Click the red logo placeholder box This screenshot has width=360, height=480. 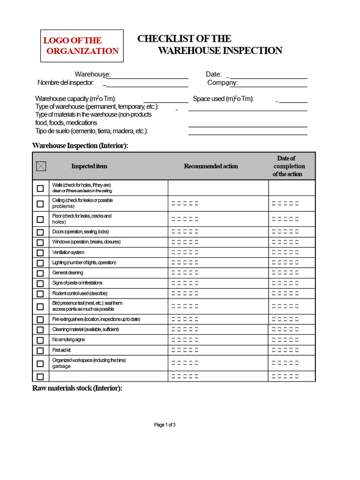tap(82, 46)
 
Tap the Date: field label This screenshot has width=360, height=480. tap(213, 74)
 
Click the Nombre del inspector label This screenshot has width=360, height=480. tap(66, 82)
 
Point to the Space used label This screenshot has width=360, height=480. tap(223, 99)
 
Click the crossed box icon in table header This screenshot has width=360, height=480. tap(41, 166)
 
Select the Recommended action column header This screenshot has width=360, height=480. tap(211, 166)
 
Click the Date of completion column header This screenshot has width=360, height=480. tap(289, 166)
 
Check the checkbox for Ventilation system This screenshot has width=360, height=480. tap(40, 253)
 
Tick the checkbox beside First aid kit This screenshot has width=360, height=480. tap(40, 351)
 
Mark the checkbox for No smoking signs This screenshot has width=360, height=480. tap(40, 340)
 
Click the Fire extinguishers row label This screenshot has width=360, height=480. tap(96, 319)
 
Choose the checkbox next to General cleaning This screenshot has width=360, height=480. tap(40, 273)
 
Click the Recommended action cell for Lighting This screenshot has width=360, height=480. tap(218, 262)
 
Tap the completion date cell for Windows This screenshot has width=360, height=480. tap(292, 242)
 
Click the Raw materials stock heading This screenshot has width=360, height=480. tap(77, 388)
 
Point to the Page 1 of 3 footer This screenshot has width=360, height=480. tap(165, 425)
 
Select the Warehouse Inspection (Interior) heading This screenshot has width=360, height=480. tap(80, 146)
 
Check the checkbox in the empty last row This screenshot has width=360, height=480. tap(40, 376)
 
